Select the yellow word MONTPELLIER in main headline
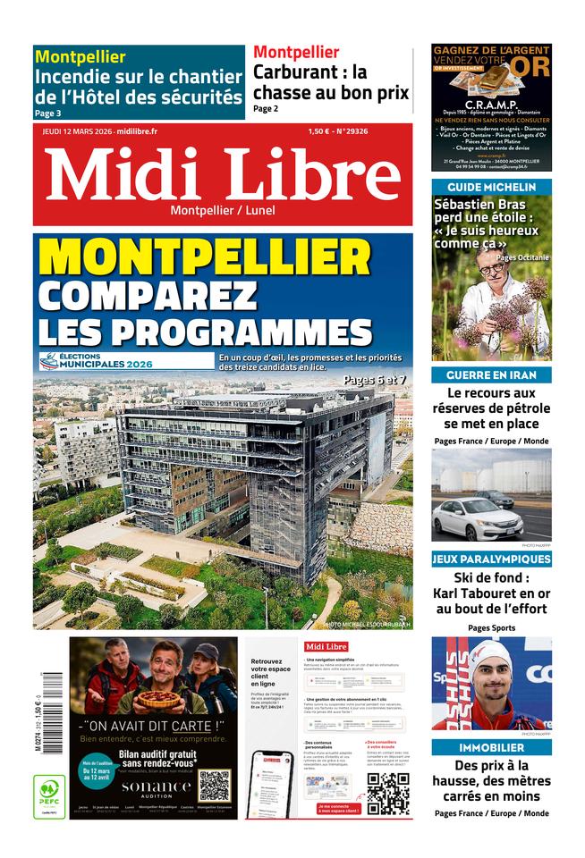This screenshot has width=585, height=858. pyautogui.click(x=205, y=257)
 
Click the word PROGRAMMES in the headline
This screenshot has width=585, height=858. pyautogui.click(x=206, y=330)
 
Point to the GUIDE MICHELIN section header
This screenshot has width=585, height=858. pyautogui.click(x=491, y=187)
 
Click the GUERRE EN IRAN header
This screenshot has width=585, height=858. pyautogui.click(x=491, y=374)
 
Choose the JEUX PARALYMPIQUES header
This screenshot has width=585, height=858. pyautogui.click(x=491, y=559)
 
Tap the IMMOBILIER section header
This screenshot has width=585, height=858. pyautogui.click(x=491, y=747)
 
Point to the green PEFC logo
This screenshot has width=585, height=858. pyautogui.click(x=49, y=795)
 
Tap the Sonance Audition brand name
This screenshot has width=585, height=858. pyautogui.click(x=157, y=787)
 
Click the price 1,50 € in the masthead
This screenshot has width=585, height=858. pyautogui.click(x=320, y=131)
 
